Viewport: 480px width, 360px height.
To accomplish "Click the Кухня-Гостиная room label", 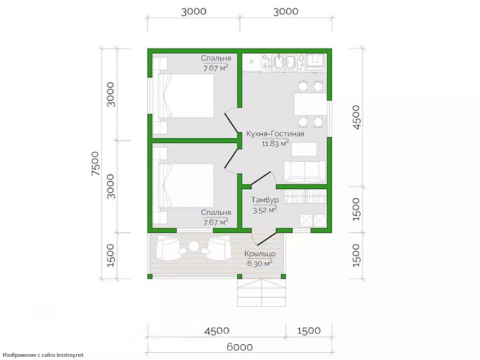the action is (x=275, y=134).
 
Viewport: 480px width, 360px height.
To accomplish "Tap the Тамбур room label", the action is (x=265, y=200).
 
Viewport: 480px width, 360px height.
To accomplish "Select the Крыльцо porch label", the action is (x=260, y=254).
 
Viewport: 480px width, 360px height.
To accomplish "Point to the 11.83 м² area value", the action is (x=276, y=143).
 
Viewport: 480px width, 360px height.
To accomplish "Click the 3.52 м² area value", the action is (x=265, y=210).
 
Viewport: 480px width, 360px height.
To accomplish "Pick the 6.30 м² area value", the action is (x=260, y=263).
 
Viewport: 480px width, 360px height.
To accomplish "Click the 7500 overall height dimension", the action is (x=96, y=164).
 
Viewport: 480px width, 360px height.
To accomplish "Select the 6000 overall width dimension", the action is (x=240, y=347).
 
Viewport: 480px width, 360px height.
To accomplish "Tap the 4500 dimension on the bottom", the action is (x=217, y=331).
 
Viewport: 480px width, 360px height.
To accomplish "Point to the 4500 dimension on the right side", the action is (x=357, y=117).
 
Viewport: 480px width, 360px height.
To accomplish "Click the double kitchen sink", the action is (x=284, y=62).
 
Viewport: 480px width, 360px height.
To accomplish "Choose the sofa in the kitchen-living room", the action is (x=305, y=172).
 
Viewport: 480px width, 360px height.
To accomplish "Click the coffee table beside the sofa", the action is (x=304, y=150).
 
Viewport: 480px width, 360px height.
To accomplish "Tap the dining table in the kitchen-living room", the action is (x=310, y=104).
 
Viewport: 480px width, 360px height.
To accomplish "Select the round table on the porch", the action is (x=194, y=246).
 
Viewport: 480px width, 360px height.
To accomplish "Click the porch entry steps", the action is (x=262, y=292).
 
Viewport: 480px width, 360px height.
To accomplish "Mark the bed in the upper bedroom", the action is (x=186, y=95).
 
